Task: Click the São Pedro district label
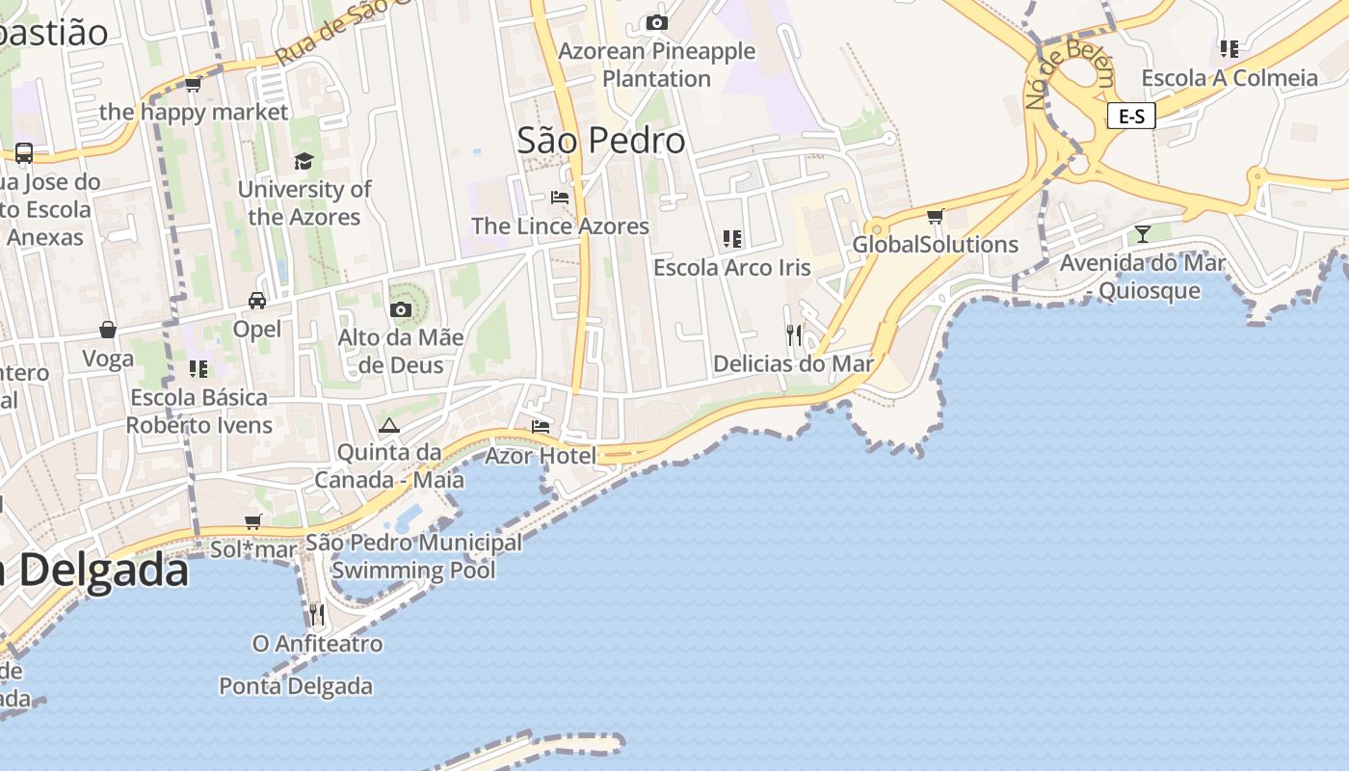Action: coord(601,141)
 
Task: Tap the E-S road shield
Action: coord(1131,117)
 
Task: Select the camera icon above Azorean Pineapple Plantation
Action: coord(657,22)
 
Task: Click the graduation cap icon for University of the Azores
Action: coord(304,161)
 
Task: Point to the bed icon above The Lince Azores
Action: coord(559,198)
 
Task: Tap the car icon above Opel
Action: coord(257,301)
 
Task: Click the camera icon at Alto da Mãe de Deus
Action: coord(401,309)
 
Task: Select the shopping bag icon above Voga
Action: coord(108,331)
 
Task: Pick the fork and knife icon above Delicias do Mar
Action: coord(794,335)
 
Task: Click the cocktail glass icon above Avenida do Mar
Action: coord(1143,233)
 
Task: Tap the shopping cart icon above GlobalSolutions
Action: coord(935,216)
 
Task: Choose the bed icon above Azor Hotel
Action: coord(541,426)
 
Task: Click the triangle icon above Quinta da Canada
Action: coord(389,425)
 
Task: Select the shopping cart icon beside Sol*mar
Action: coord(252,521)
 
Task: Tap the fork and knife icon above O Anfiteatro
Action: coord(317,614)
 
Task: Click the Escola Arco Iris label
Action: coord(732,267)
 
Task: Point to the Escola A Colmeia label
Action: coord(1230,78)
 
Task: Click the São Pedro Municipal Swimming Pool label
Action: coord(414,556)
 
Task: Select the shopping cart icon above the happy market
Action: coord(193,85)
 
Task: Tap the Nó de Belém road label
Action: coord(1070,75)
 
